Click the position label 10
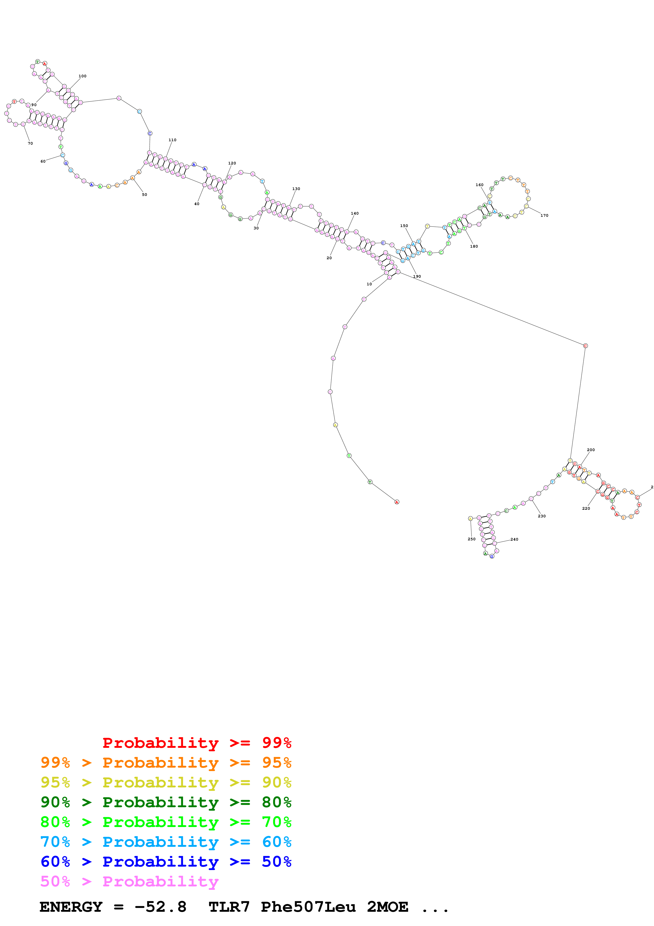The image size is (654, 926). click(369, 284)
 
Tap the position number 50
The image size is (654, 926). click(144, 194)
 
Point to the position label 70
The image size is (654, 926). click(30, 143)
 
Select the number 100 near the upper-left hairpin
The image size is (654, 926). click(82, 76)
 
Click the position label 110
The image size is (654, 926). click(172, 140)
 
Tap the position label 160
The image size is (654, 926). click(479, 185)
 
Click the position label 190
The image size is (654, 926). click(417, 276)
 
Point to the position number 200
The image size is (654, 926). click(590, 450)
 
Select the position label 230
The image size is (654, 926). click(542, 516)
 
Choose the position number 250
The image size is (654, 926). click(471, 539)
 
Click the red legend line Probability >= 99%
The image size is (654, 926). click(197, 743)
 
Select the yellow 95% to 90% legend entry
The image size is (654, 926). click(166, 782)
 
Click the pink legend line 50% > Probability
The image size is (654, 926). click(129, 881)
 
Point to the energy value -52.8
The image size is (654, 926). click(160, 907)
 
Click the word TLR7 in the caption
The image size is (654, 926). click(229, 907)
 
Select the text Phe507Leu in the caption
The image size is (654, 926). click(308, 907)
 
